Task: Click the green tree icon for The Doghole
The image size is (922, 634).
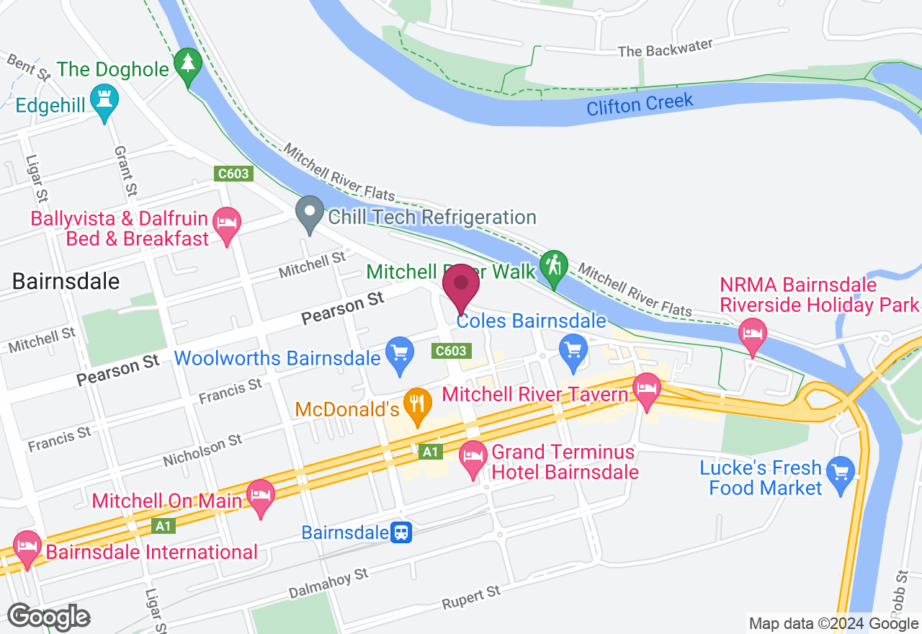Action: pos(188,64)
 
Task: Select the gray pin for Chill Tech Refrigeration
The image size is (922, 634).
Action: pos(310,213)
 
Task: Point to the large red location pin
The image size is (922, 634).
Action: pos(461,287)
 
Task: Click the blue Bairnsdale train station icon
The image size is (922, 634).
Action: pos(401,533)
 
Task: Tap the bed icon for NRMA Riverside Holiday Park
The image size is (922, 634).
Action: pos(753,334)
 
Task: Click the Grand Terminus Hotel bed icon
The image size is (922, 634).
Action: pos(473,456)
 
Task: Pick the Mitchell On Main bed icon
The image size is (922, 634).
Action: pos(260,495)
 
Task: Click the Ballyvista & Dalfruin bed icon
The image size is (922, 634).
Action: pos(228,223)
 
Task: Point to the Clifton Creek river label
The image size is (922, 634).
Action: pos(640,105)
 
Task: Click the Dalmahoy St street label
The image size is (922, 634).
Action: pos(328,583)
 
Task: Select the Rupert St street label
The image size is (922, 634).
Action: pos(471,597)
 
